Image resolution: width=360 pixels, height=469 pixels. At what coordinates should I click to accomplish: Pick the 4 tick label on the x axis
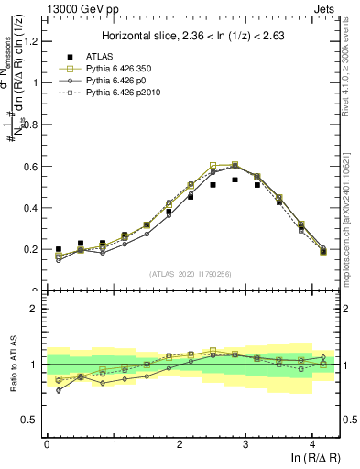click(312, 443)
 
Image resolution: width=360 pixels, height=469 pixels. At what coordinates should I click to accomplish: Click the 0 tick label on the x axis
click(47, 443)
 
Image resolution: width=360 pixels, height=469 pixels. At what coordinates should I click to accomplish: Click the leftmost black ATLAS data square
click(58, 249)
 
